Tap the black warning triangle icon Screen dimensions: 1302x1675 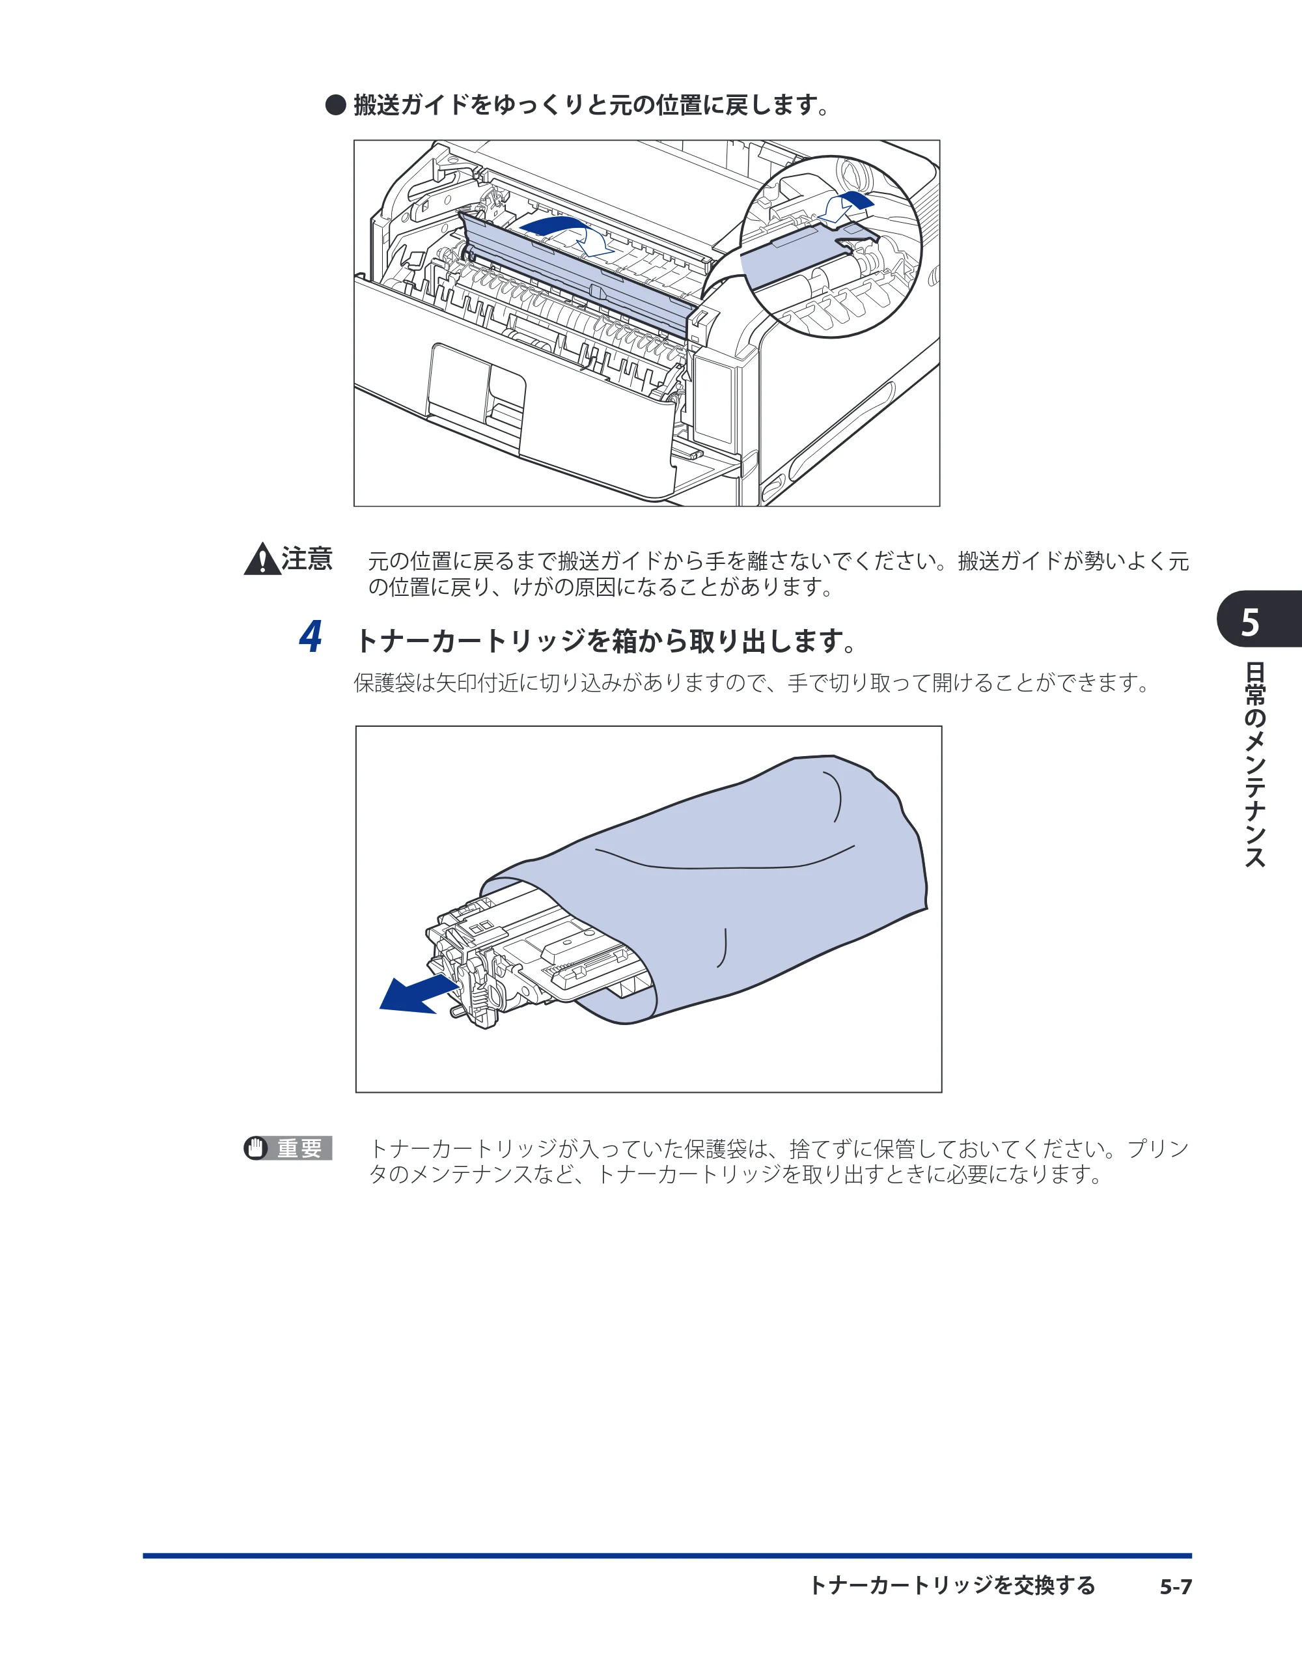point(262,559)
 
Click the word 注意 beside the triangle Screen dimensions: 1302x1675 point(307,558)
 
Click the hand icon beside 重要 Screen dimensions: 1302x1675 point(255,1148)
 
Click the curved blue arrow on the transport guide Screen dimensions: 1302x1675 point(568,232)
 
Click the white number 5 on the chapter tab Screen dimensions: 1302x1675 point(1250,622)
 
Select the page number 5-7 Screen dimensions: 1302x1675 point(1176,1586)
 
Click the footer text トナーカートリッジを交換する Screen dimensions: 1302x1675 point(952,1585)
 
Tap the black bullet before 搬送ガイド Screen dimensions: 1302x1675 point(336,105)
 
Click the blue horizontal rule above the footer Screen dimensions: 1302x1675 point(667,1555)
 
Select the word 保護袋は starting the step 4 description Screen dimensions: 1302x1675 point(393,683)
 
